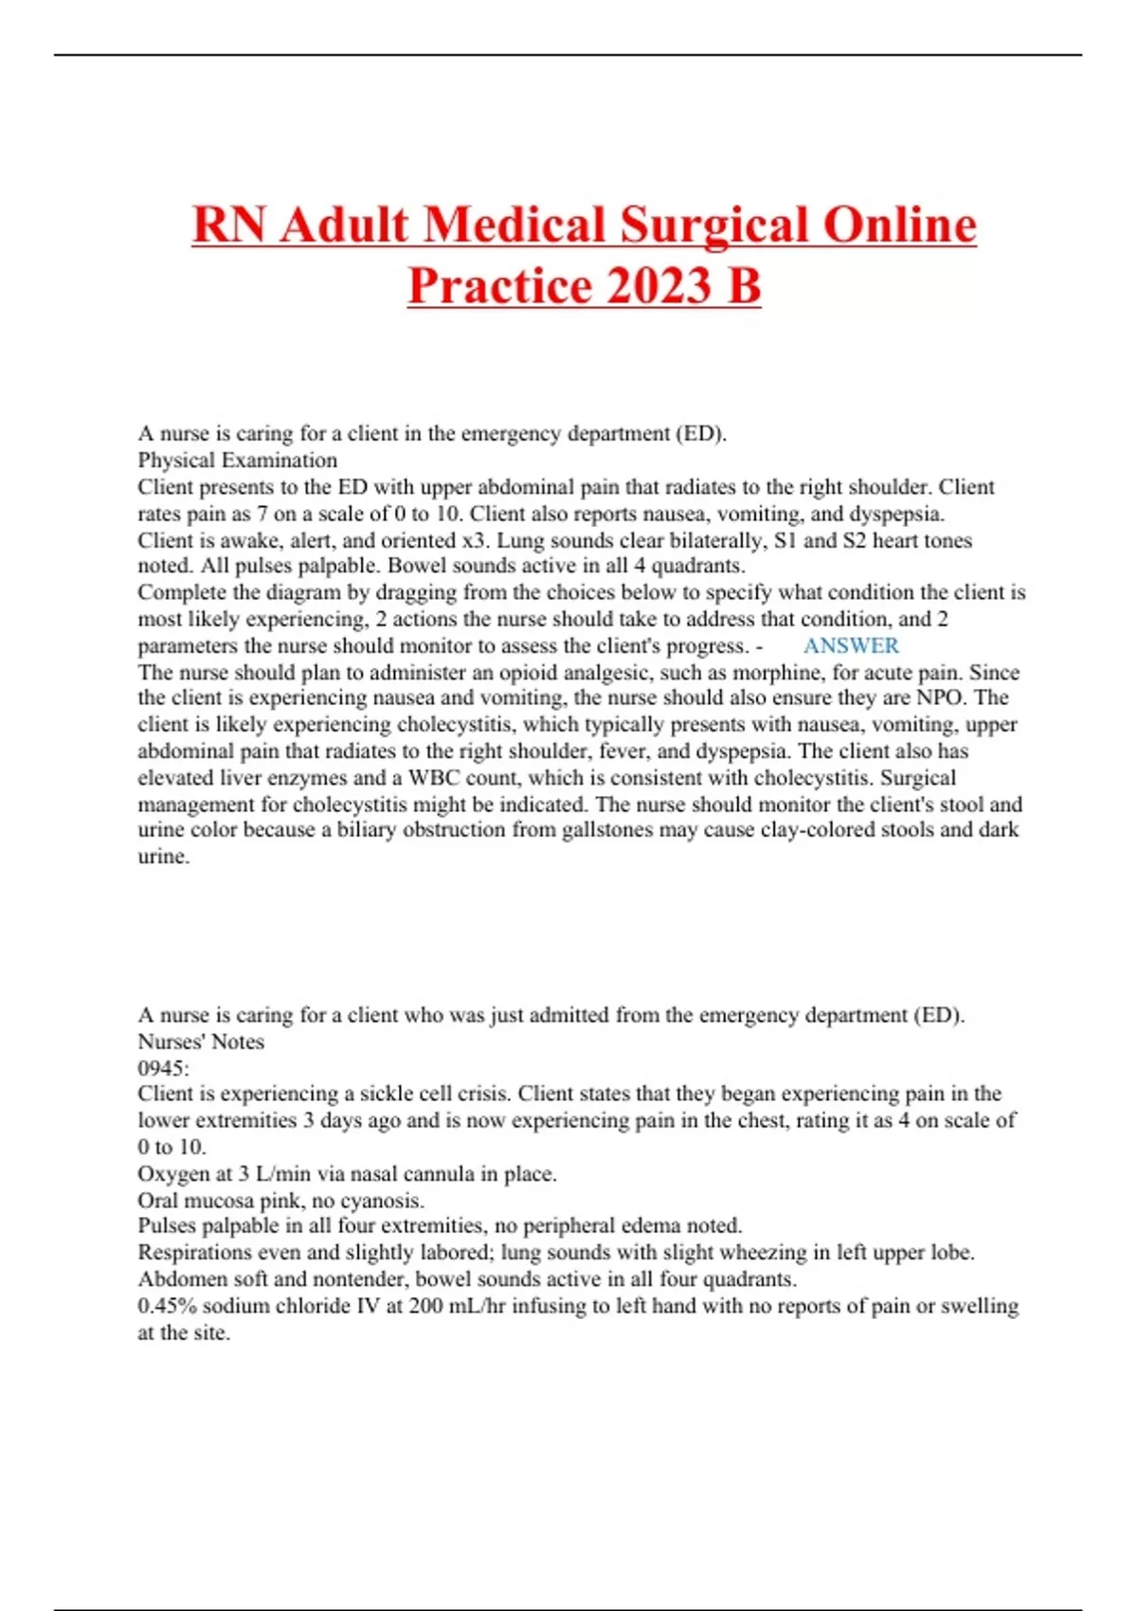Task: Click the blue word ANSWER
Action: (850, 645)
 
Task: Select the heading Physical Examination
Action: (237, 460)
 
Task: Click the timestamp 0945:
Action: (163, 1068)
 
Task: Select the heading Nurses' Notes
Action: (200, 1041)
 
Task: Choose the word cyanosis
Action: (380, 1200)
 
